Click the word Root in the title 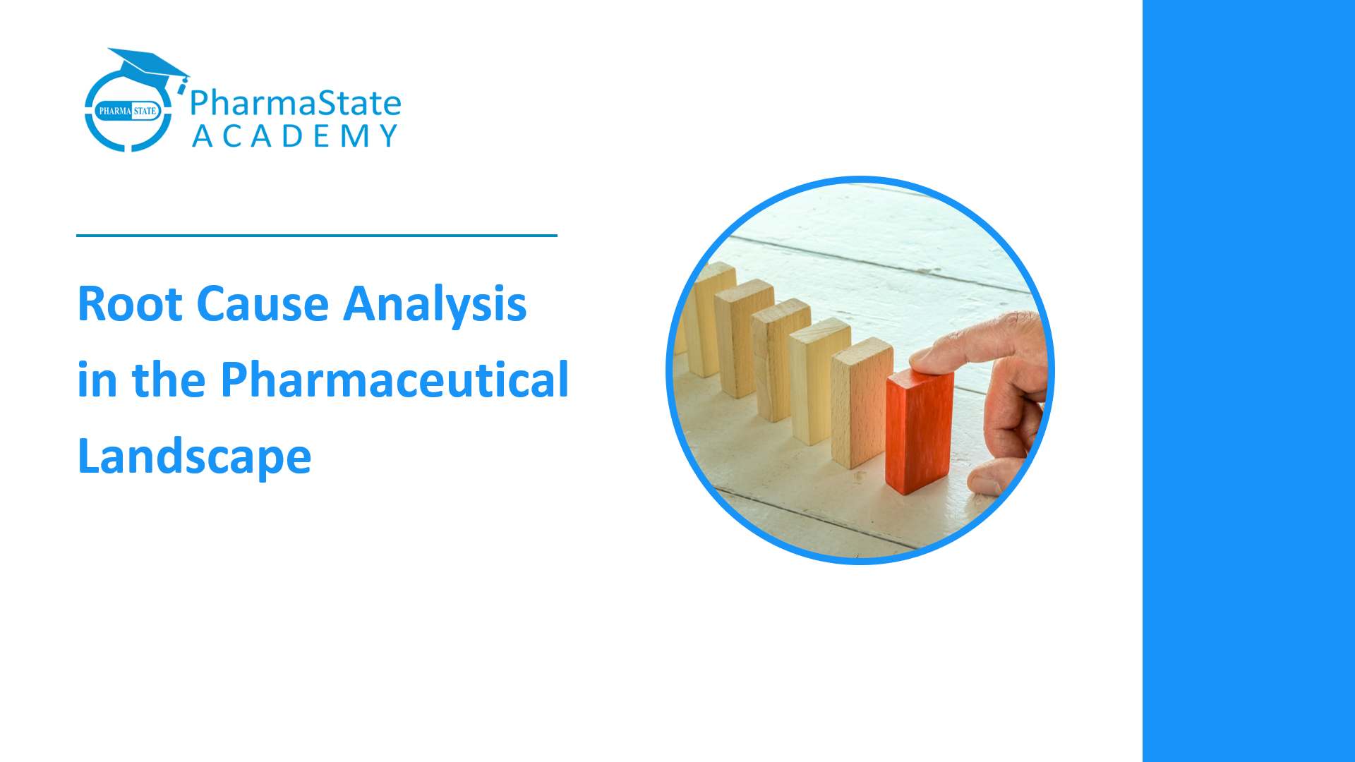pyautogui.click(x=130, y=304)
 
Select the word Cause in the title pyautogui.click(x=263, y=304)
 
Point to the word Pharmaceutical pyautogui.click(x=395, y=380)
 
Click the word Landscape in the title pyautogui.click(x=194, y=456)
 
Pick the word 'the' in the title pyautogui.click(x=169, y=380)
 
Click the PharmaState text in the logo pyautogui.click(x=296, y=103)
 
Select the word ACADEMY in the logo pyautogui.click(x=296, y=136)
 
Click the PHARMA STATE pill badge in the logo pyautogui.click(x=128, y=111)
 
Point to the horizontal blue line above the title pyautogui.click(x=317, y=236)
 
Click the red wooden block pyautogui.click(x=919, y=430)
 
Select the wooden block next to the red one pyautogui.click(x=861, y=402)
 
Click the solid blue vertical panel pyautogui.click(x=1248, y=381)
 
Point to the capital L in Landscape pyautogui.click(x=89, y=455)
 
